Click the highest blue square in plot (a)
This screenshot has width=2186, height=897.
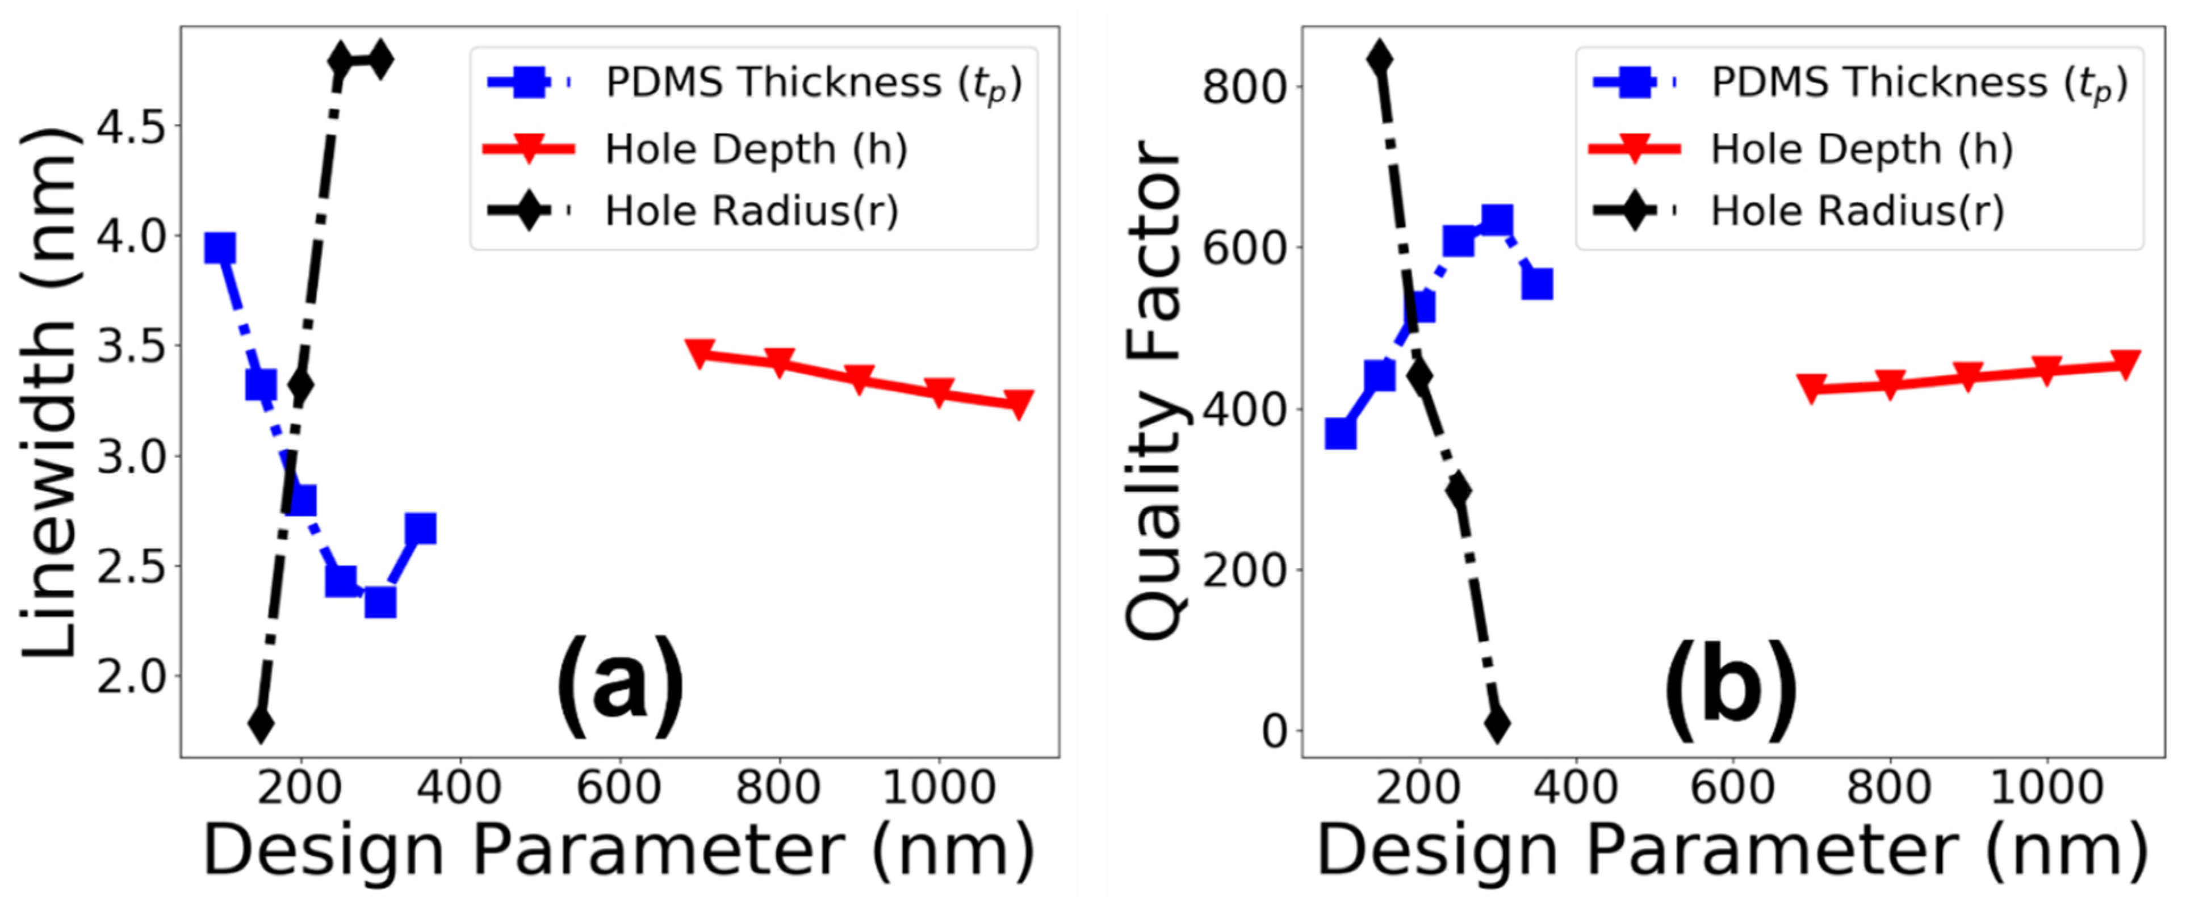[220, 249]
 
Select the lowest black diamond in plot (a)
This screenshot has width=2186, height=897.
[261, 724]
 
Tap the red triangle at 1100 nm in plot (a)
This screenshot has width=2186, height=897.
[1017, 403]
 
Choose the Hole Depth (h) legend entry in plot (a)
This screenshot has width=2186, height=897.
[755, 149]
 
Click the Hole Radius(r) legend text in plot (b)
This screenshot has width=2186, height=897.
[1857, 211]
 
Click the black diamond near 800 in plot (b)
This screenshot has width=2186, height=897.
[1380, 60]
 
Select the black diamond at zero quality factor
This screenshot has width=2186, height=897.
[1497, 724]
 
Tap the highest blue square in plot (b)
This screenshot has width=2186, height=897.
[1496, 221]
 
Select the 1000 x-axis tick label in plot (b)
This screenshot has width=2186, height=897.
[2046, 787]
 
